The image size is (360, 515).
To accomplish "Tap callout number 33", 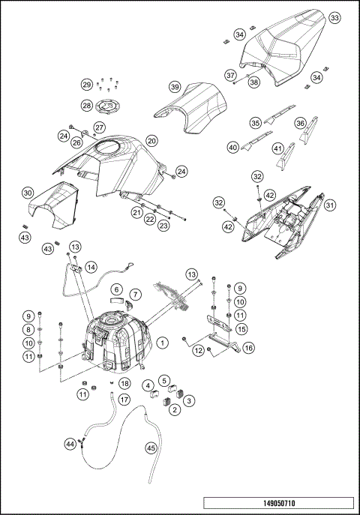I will tap(334, 17).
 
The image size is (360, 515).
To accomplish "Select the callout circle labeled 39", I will tap(174, 87).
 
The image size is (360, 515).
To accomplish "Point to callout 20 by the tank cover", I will tap(151, 140).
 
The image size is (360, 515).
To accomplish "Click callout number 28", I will tap(86, 106).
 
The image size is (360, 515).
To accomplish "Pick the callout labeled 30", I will tap(27, 193).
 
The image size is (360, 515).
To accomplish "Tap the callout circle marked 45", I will tap(151, 449).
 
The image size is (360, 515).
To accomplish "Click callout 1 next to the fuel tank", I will tap(161, 343).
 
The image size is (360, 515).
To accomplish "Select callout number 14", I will tap(91, 266).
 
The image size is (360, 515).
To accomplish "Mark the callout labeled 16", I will tap(249, 348).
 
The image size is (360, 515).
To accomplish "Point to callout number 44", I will tap(70, 445).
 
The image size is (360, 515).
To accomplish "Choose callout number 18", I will tap(125, 384).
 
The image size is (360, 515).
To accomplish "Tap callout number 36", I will tap(300, 123).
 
